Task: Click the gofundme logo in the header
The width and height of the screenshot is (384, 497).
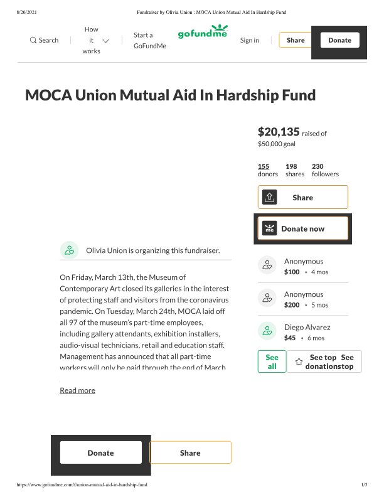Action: (x=202, y=32)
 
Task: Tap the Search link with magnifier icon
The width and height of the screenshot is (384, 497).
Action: (x=44, y=40)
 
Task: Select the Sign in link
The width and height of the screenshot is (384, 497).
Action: (x=249, y=40)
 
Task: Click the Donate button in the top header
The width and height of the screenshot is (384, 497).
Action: (x=339, y=40)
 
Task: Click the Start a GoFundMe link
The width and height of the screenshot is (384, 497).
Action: (x=149, y=40)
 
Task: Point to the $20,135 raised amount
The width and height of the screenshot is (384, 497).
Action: (x=279, y=132)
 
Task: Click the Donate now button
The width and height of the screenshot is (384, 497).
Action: (x=302, y=228)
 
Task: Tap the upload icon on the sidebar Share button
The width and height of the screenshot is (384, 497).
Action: (x=269, y=197)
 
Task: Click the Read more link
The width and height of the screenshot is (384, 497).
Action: (x=77, y=390)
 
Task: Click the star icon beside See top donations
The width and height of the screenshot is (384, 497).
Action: (x=299, y=362)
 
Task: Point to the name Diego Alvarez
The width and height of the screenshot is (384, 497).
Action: (x=307, y=328)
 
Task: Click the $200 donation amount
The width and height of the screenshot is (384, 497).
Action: (x=292, y=305)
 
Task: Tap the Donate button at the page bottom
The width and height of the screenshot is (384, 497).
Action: (x=100, y=452)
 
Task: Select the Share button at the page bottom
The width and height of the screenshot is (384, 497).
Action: (x=190, y=452)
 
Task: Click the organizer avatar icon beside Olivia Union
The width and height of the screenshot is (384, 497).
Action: (x=69, y=250)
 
